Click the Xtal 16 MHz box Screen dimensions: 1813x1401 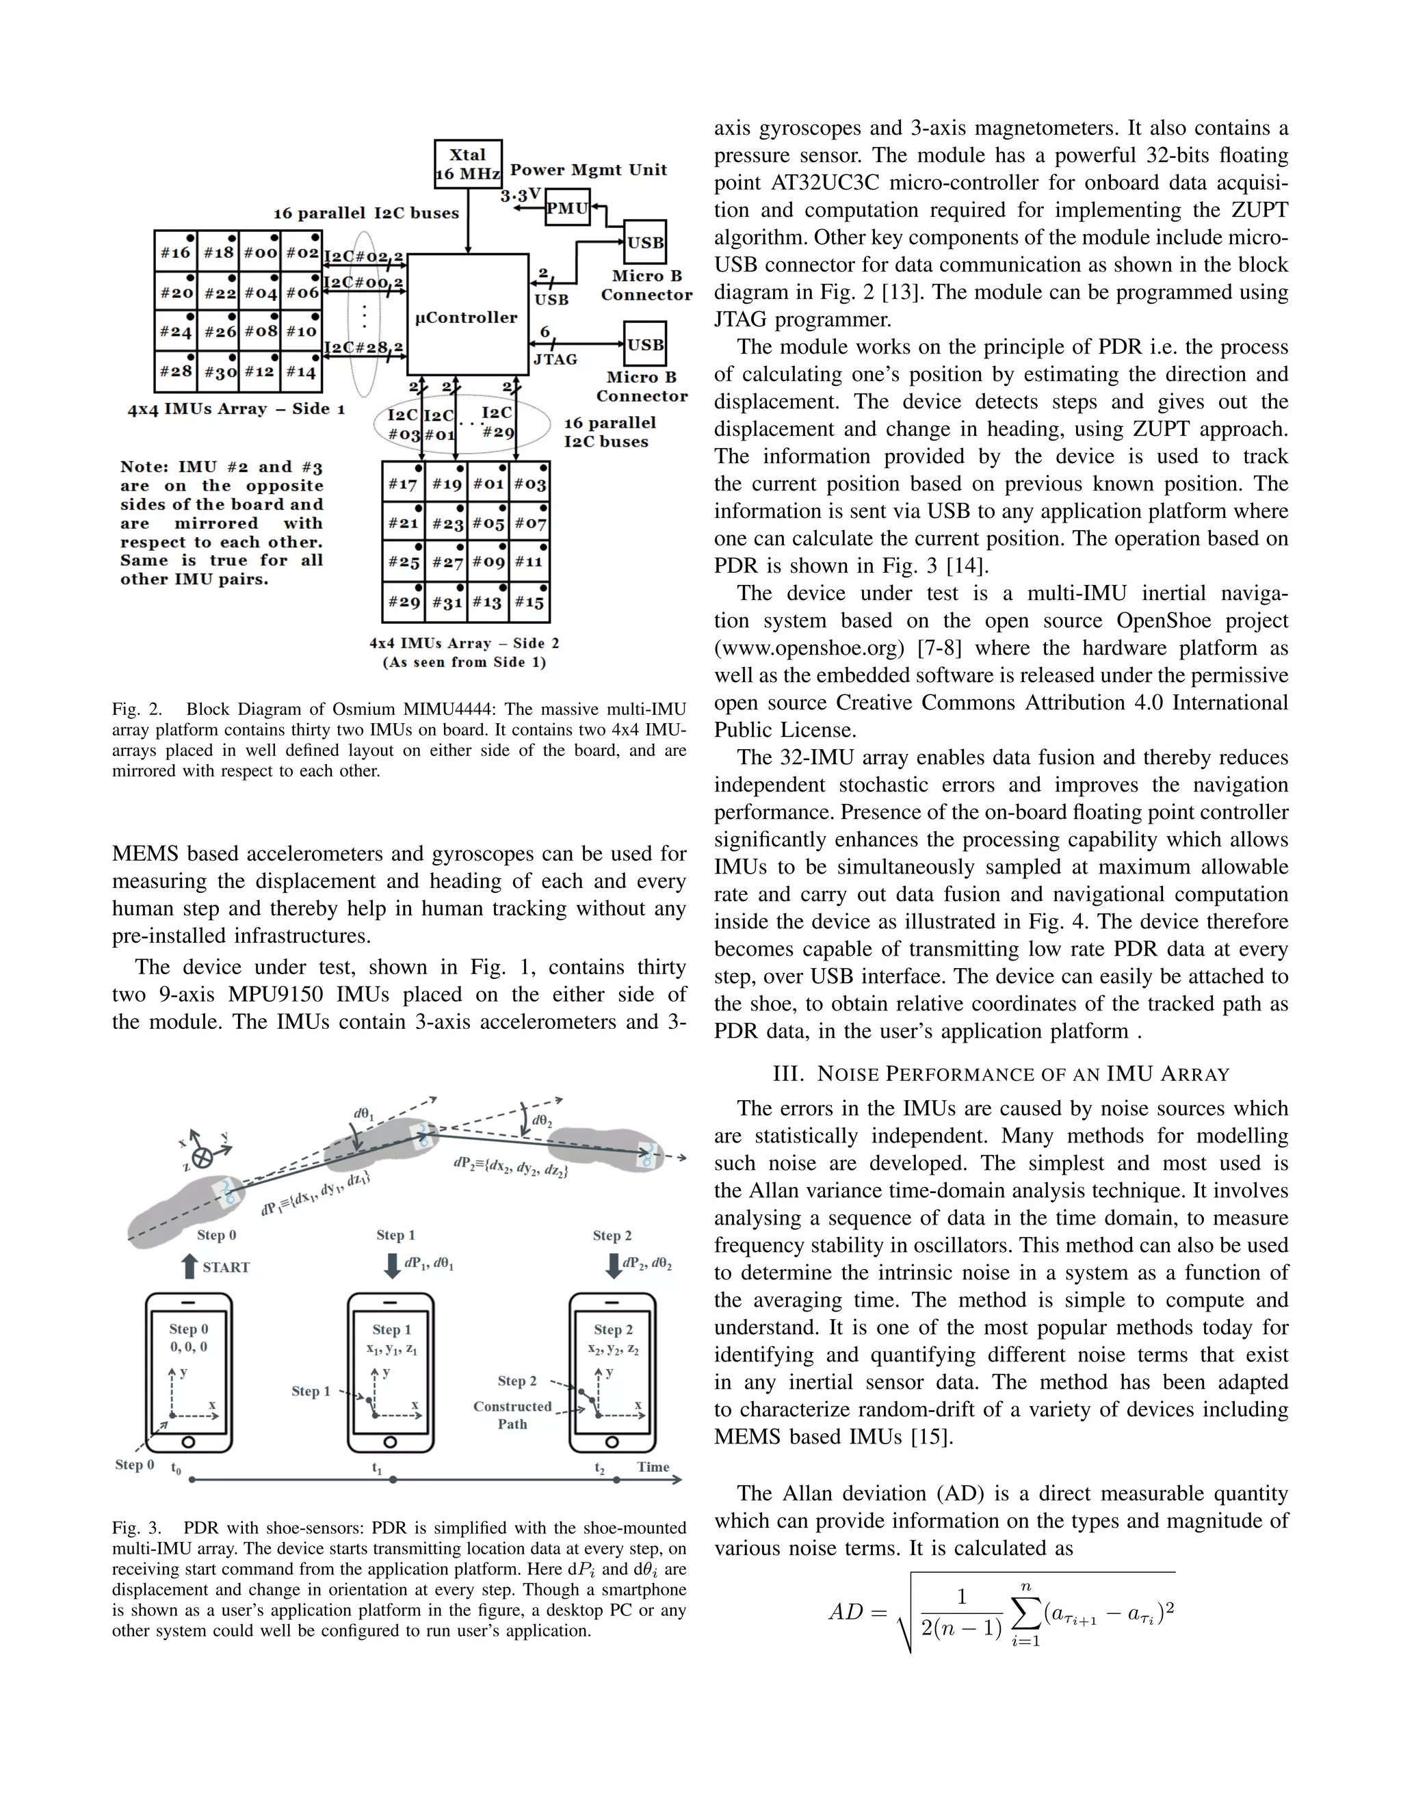pyautogui.click(x=468, y=163)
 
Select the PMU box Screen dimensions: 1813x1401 pyautogui.click(x=567, y=209)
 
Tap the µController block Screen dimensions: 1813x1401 pyautogui.click(x=467, y=316)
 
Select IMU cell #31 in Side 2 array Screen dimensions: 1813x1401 pyautogui.click(x=447, y=603)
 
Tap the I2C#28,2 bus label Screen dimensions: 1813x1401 pyautogui.click(x=363, y=348)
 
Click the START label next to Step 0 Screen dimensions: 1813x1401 pyautogui.click(x=226, y=1268)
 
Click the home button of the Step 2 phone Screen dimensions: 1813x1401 pyautogui.click(x=612, y=1442)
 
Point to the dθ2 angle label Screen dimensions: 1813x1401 pyautogui.click(x=542, y=1121)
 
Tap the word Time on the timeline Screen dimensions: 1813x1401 pyautogui.click(x=653, y=1467)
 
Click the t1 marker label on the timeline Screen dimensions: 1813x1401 pyautogui.click(x=377, y=1468)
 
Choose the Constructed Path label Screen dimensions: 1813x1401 pyautogui.click(x=512, y=1415)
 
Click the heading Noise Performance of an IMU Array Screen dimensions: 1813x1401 pyautogui.click(x=1000, y=1074)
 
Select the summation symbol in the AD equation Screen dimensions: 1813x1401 pyautogui.click(x=1026, y=1612)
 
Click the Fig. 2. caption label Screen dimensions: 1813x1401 pyautogui.click(x=138, y=709)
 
